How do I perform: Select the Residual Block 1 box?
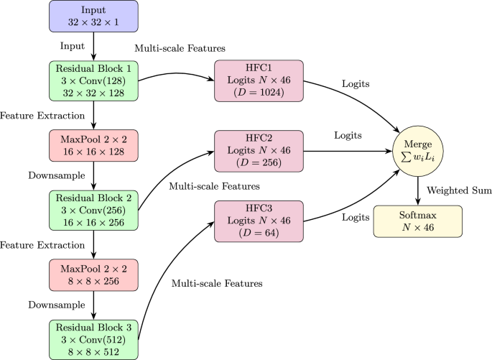click(x=93, y=81)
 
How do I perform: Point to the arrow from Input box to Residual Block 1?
click(x=93, y=47)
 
